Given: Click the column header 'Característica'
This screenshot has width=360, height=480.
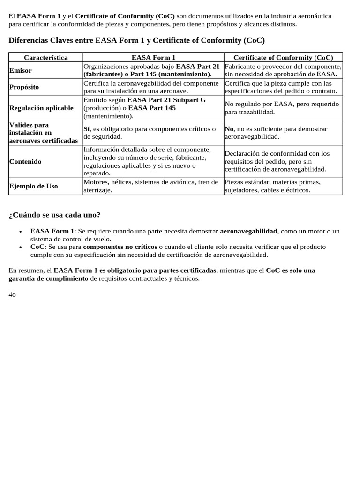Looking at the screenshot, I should [46, 58].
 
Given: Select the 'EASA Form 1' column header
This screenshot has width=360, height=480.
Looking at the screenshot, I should [153, 58].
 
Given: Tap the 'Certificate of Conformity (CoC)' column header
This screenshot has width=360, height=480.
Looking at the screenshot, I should [283, 58].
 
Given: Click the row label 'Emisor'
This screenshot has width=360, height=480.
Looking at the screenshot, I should [21, 70].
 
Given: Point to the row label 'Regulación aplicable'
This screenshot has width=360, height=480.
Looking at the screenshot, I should [41, 108].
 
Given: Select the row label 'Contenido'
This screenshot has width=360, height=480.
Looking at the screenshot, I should [25, 161].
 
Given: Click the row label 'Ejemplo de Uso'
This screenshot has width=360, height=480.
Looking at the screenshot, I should [33, 186].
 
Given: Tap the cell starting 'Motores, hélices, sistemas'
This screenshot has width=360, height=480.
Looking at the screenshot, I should [150, 186].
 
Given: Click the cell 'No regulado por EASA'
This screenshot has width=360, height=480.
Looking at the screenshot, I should [281, 108].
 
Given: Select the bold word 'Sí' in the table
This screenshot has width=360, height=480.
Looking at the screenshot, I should [87, 129].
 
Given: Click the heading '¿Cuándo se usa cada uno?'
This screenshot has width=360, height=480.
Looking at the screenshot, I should [54, 215].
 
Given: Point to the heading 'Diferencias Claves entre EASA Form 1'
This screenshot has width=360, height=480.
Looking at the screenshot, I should [137, 41].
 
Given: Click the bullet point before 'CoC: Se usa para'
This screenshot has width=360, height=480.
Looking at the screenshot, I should [21, 247].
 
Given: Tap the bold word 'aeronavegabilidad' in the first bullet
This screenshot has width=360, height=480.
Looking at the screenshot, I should [249, 231].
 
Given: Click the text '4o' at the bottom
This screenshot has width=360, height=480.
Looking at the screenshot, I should [13, 294].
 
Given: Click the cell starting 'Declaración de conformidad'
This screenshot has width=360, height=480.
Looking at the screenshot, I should [277, 161].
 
